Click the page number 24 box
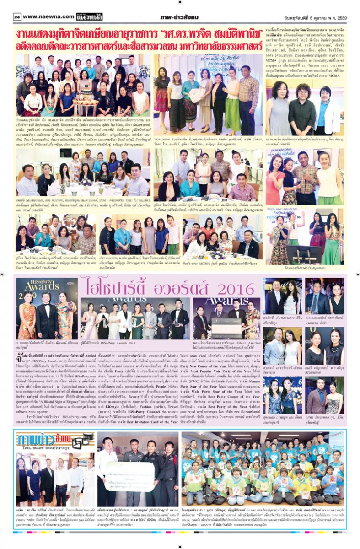[x=17, y=17]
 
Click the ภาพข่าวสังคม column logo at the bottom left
[x=41, y=442]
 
